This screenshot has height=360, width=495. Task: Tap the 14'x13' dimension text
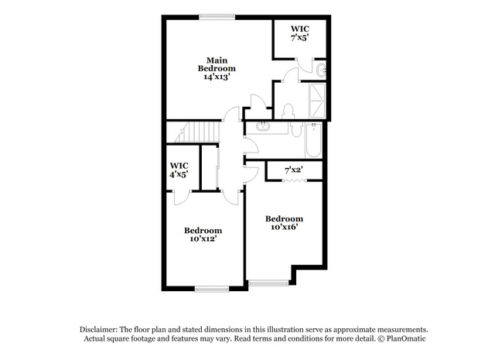click(x=217, y=77)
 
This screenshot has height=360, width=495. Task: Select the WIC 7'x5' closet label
click(x=299, y=33)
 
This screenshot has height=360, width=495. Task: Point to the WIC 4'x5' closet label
click(x=179, y=170)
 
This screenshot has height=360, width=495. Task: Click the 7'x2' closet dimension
click(x=294, y=170)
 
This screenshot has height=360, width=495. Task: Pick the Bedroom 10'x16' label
click(x=284, y=223)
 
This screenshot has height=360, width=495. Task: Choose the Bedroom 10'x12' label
click(x=203, y=235)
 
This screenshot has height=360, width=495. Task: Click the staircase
click(x=196, y=132)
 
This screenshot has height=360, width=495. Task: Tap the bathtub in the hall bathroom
click(x=313, y=140)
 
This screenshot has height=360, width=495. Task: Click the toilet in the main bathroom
click(x=288, y=111)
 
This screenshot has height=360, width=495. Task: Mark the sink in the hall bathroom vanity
click(x=263, y=127)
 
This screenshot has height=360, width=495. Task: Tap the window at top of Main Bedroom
click(x=217, y=17)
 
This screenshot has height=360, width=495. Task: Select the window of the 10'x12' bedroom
click(x=211, y=289)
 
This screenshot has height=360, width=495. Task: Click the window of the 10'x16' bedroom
click(x=268, y=283)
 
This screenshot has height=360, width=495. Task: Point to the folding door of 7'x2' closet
click(x=294, y=180)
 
